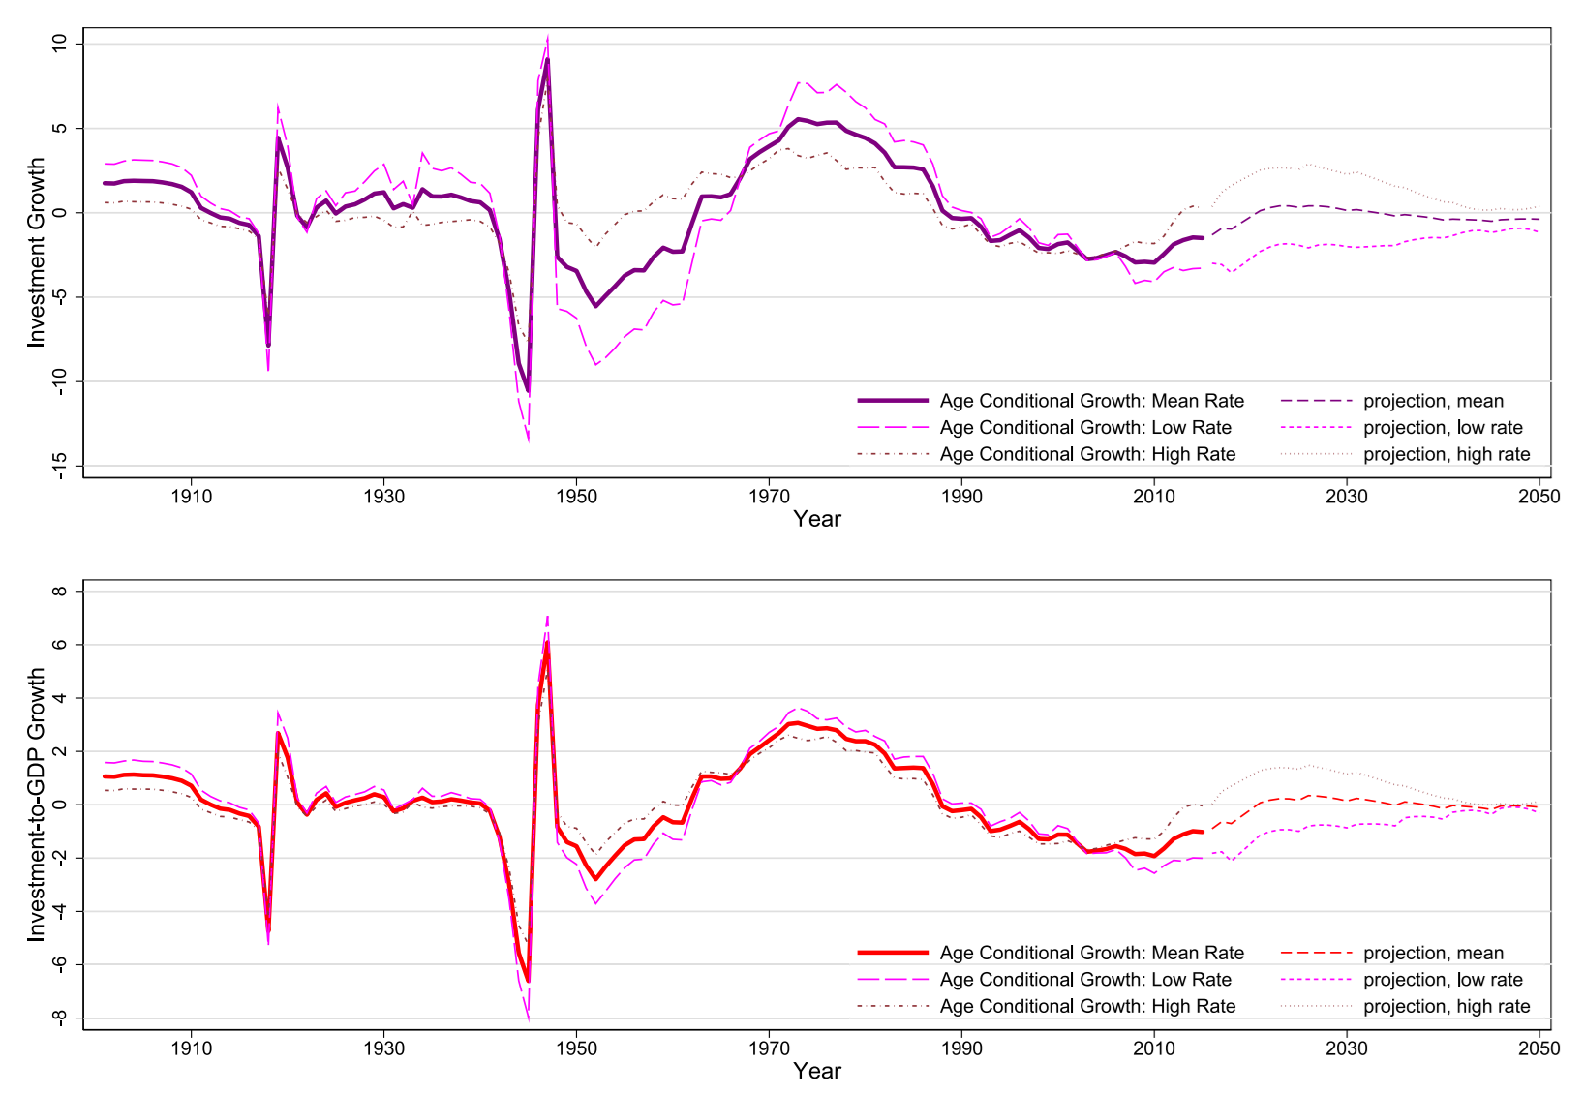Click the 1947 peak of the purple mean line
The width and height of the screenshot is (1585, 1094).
(547, 60)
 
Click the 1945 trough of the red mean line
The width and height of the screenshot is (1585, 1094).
(528, 980)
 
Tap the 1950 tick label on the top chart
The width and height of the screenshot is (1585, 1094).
(576, 497)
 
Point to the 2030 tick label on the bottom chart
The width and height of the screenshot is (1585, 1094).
(1346, 1048)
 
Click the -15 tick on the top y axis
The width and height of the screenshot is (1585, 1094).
(60, 466)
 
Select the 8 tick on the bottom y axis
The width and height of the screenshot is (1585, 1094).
(60, 591)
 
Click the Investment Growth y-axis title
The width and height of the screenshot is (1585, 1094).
(37, 252)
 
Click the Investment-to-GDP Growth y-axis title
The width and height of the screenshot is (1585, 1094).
(37, 804)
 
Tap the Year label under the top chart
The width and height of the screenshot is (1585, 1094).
(817, 519)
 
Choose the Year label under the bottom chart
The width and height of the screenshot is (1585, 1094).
(817, 1071)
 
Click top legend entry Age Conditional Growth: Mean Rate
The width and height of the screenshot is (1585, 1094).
(1091, 401)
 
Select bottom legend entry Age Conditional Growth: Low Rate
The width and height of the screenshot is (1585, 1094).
(1084, 980)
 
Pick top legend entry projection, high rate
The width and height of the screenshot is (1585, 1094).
(1447, 454)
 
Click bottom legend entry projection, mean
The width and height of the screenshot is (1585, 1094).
(1433, 954)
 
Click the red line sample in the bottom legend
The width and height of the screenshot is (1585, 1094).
(893, 954)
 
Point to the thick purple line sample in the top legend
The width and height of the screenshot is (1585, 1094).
(893, 401)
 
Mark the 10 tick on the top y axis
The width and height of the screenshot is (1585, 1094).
(60, 44)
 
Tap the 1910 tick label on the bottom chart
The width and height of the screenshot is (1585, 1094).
(191, 1048)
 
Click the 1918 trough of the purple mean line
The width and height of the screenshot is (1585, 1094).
(268, 345)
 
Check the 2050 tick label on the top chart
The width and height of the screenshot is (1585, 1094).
(1539, 497)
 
